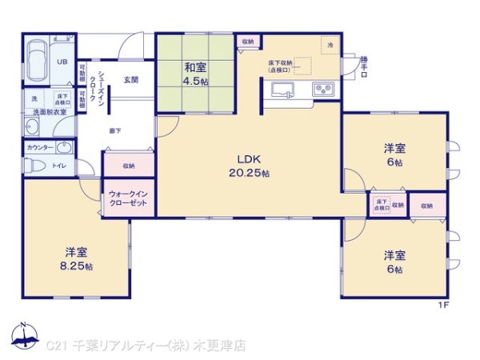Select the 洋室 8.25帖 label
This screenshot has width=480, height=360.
(x=78, y=258)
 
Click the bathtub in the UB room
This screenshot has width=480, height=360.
(x=38, y=61)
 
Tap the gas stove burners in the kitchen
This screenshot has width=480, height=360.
(x=324, y=90)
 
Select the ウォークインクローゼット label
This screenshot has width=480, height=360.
(x=128, y=198)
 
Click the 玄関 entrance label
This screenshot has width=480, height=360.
(x=130, y=79)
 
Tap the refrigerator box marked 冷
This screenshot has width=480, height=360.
(x=330, y=46)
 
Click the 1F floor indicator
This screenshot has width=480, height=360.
(x=443, y=305)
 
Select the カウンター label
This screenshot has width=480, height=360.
(x=40, y=148)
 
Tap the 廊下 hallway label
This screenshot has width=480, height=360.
(x=114, y=130)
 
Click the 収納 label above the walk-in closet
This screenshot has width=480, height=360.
(x=128, y=166)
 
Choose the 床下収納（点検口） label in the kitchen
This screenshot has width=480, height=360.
(x=281, y=66)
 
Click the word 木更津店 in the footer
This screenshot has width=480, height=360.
(x=224, y=346)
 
